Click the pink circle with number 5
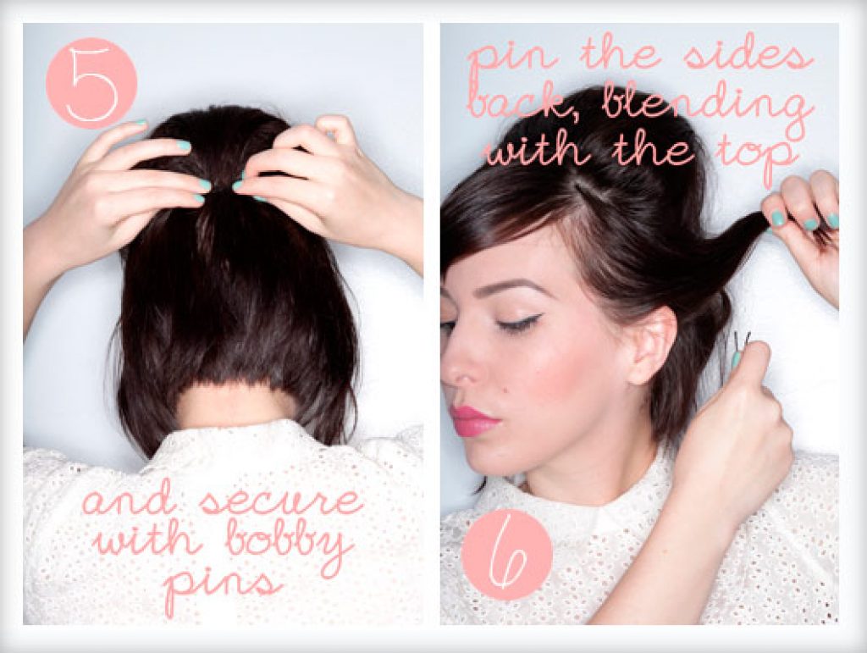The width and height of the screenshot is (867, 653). (x=91, y=83)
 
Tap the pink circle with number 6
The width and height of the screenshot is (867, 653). (x=506, y=554)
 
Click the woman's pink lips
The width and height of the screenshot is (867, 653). (x=473, y=421)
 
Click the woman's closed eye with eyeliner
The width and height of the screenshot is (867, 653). (x=520, y=324)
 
